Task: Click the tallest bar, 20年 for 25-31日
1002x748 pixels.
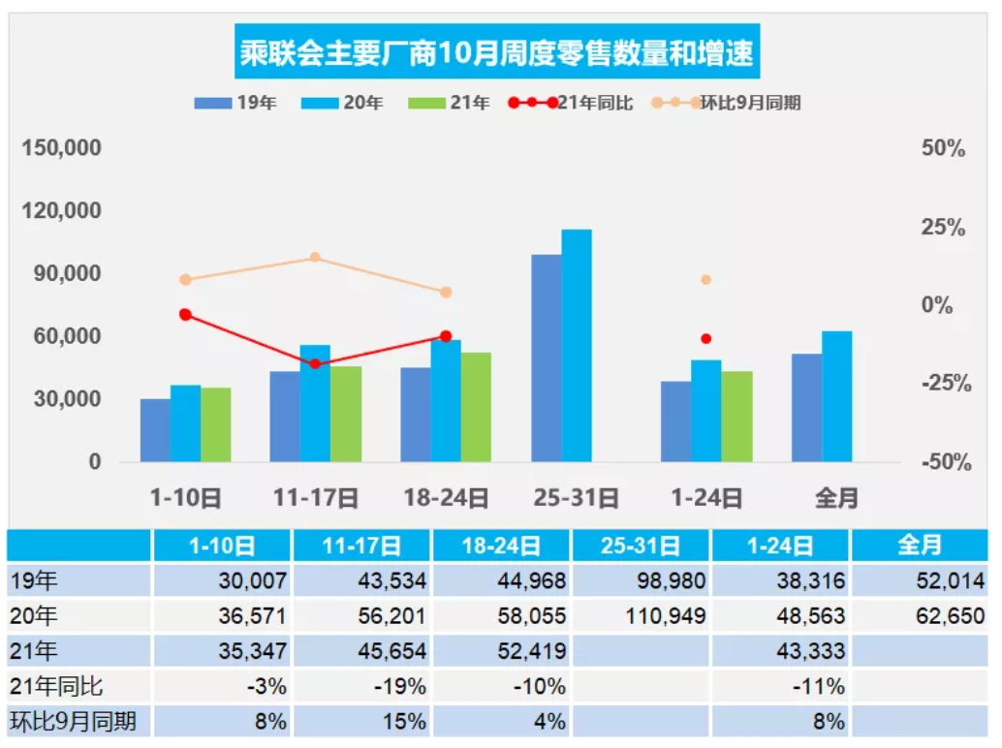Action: [577, 345]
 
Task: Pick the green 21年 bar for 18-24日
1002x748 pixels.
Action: [475, 407]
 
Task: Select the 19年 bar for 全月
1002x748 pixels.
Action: [806, 408]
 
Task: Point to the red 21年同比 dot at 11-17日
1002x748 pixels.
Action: [315, 363]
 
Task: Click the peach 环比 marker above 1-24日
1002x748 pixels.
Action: [706, 280]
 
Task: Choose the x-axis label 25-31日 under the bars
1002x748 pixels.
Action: [577, 498]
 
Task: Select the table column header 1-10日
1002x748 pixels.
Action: [222, 545]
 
